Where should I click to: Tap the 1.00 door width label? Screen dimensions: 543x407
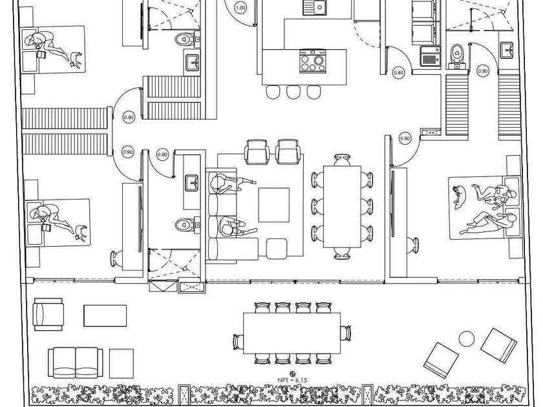(240, 8)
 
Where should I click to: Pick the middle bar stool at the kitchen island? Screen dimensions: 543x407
(293, 92)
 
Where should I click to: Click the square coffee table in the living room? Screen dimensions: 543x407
(274, 204)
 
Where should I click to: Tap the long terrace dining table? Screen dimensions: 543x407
(292, 333)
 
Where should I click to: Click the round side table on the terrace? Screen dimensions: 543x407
(466, 338)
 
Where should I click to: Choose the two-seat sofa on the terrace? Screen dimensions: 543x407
(75, 362)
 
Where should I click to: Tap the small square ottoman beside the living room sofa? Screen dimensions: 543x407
(277, 248)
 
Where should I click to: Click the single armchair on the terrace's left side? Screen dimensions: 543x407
(48, 314)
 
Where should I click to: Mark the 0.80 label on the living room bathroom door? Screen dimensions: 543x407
(162, 154)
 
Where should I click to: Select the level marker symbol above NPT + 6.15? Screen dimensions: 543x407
(292, 373)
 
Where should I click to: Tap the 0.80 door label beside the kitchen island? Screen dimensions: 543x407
(399, 73)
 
